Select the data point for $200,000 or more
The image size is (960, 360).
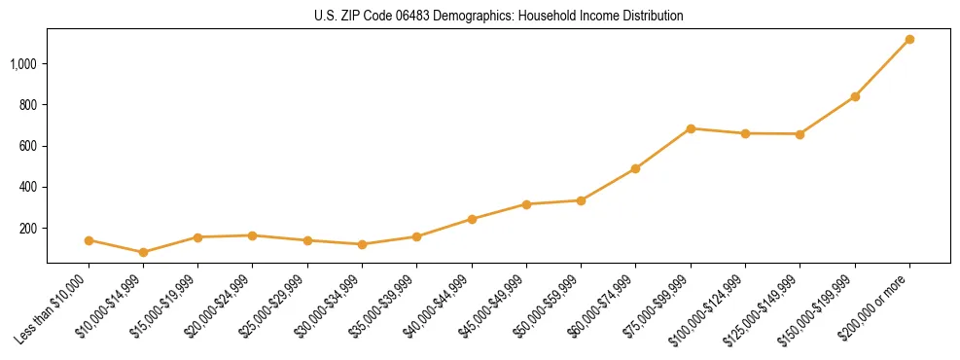tap(909, 39)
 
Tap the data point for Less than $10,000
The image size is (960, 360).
tap(89, 240)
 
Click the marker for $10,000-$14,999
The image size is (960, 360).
tap(143, 252)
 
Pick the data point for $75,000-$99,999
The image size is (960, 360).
tap(691, 128)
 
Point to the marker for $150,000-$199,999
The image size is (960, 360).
tap(855, 96)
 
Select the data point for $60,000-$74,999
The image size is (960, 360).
tap(635, 168)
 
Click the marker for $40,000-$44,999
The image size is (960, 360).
tap(472, 219)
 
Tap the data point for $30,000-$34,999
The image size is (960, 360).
tap(362, 244)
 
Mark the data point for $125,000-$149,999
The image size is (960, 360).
tap(800, 134)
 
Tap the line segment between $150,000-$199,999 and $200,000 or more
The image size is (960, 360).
tap(882, 68)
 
